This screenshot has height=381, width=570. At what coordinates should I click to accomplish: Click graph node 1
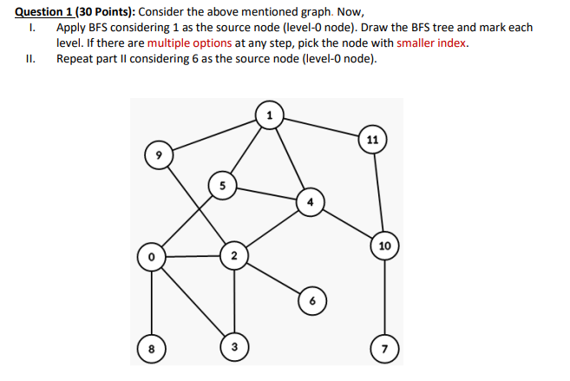coord(269,115)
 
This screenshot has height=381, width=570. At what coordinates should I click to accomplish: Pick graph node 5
coord(222,185)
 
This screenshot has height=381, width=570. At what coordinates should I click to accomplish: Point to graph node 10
coord(384,246)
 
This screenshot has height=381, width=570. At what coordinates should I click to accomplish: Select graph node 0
coord(152,256)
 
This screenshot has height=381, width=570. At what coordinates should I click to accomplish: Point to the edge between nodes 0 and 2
coord(193,256)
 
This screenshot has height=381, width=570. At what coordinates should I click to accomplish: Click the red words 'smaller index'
coord(432,43)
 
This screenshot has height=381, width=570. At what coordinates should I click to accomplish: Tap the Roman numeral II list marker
coord(32,58)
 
